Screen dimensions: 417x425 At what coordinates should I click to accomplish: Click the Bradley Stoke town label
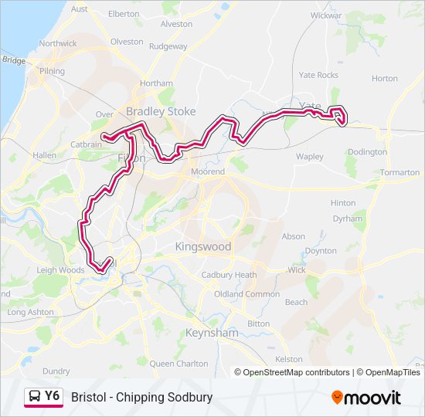[x=161, y=112]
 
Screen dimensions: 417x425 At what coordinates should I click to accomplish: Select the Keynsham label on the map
[x=211, y=333]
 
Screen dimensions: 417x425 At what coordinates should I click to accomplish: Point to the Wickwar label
[x=326, y=15]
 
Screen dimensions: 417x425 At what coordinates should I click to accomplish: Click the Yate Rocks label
[x=318, y=75]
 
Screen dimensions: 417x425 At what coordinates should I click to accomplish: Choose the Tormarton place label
[x=399, y=172]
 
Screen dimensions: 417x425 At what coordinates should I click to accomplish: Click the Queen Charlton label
[x=178, y=363]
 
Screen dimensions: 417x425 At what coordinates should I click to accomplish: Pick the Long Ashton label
[x=30, y=312]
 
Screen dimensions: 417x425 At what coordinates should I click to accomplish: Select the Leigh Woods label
[x=59, y=270]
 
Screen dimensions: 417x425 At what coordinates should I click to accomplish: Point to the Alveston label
[x=176, y=24]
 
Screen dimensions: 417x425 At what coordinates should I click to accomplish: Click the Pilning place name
[x=53, y=71]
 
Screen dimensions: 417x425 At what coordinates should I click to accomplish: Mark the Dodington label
[x=368, y=152]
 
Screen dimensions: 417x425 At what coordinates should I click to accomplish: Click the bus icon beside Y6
[x=34, y=397]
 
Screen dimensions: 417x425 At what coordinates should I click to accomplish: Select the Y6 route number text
[x=52, y=396]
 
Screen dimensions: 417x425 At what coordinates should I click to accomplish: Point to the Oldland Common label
[x=246, y=294]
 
